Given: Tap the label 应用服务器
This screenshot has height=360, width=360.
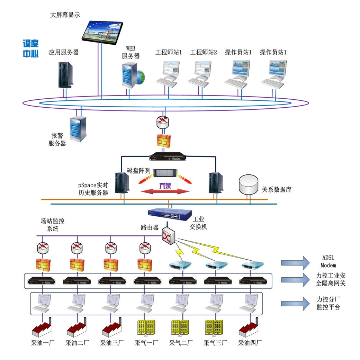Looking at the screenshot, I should pos(64,52).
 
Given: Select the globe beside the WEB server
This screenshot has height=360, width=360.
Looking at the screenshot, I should pos(141,77).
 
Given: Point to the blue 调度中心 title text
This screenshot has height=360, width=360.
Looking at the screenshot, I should pos(30,48).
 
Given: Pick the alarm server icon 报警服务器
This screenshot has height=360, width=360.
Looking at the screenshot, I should pos(78,128).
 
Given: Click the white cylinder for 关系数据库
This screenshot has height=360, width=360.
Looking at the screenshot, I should pos(249,185).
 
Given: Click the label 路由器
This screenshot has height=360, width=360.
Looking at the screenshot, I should pos(150,227).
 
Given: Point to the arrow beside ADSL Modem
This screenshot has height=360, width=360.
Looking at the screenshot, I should pos(295,262).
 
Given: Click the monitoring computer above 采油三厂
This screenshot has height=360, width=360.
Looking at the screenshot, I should pos(111,303).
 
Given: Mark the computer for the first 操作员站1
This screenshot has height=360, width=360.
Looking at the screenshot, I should pos(238,73).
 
